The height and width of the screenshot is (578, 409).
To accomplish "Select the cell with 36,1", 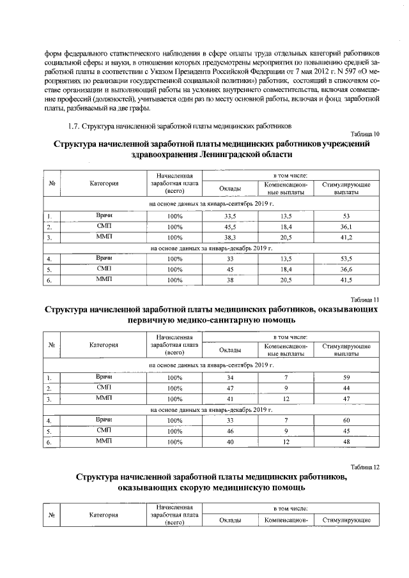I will (346, 227).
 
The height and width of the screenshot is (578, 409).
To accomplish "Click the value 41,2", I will (346, 238).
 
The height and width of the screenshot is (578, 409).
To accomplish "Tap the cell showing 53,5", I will (346, 259).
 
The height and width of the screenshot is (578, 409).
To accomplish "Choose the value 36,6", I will (346, 270).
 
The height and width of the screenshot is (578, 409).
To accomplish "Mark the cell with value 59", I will (346, 377).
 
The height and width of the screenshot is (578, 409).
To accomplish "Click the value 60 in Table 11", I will (346, 420).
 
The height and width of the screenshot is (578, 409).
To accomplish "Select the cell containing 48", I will (346, 442).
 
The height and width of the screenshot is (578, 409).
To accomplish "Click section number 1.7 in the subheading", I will (73, 125).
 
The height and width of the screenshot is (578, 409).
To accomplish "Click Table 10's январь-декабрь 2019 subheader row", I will (211, 248).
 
